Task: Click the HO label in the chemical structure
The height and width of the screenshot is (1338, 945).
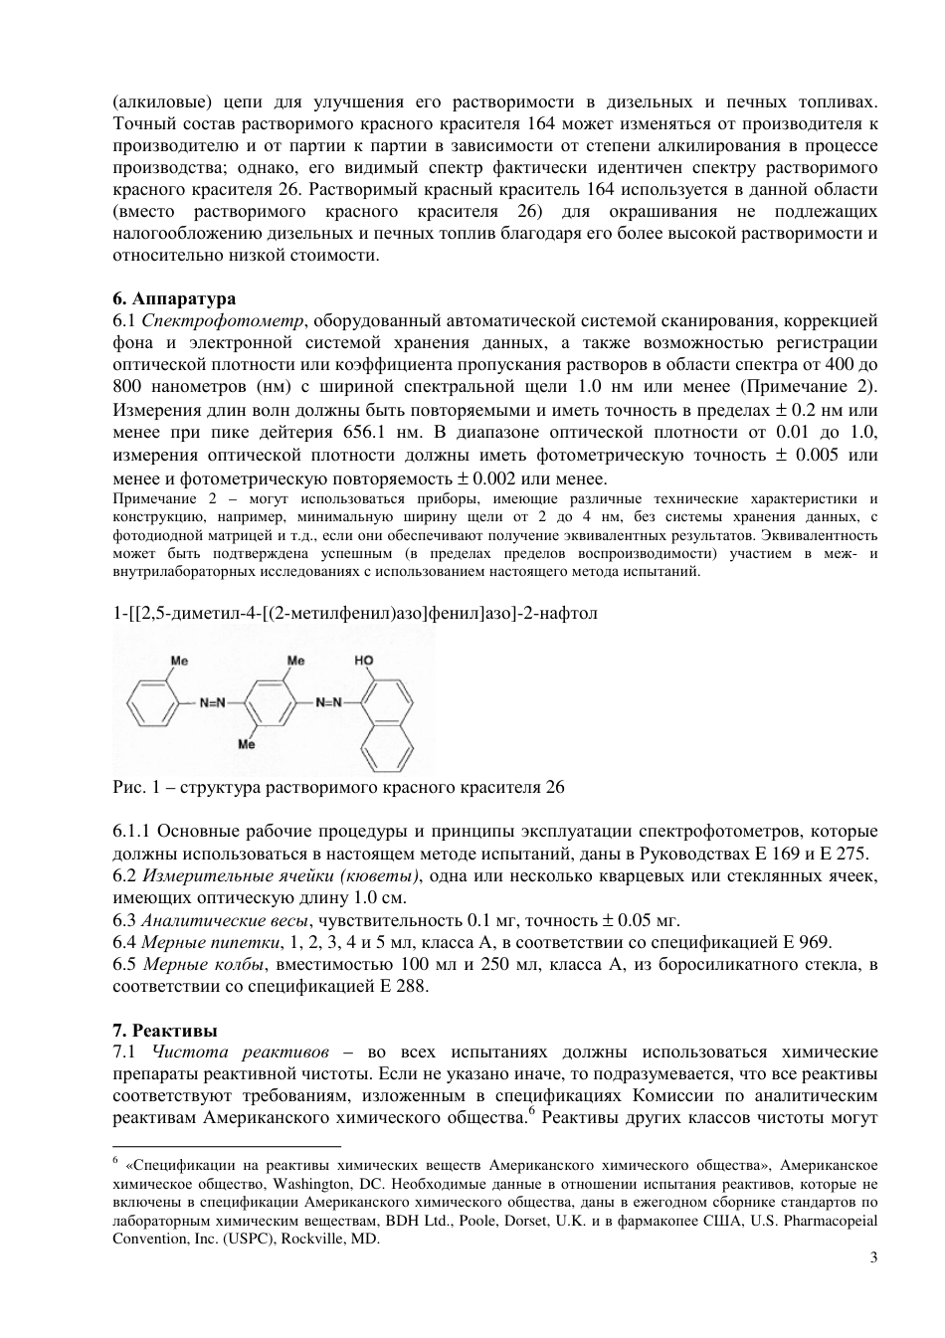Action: point(364,660)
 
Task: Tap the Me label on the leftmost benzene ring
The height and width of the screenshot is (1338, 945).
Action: point(180,660)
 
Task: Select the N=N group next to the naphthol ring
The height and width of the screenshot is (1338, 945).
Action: point(329,702)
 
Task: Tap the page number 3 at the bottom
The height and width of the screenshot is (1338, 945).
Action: point(873,1256)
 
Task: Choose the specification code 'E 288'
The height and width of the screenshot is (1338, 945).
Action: point(404,986)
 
